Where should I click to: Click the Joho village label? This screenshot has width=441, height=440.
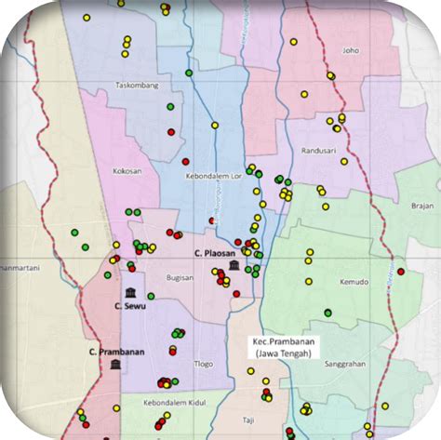click(x=350, y=51)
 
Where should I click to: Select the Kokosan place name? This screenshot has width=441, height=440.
click(x=127, y=171)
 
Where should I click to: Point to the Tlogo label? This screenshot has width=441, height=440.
click(x=203, y=364)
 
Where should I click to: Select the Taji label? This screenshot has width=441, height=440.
click(x=248, y=420)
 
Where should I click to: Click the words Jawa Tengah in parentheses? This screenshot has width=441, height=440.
click(x=284, y=353)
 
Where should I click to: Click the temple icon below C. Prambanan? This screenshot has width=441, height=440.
click(x=114, y=366)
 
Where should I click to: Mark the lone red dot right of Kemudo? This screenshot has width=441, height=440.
click(x=401, y=272)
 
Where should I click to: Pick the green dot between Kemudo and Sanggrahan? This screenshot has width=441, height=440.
click(x=327, y=313)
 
